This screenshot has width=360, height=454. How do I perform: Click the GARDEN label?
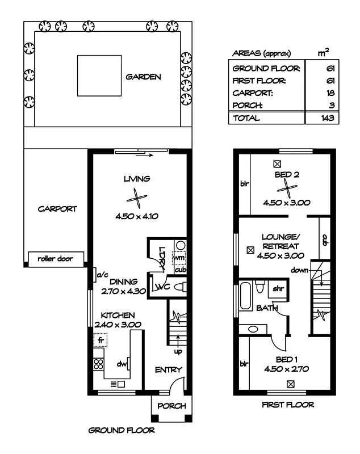(x=143, y=77)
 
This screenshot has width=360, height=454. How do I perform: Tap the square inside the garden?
(x=100, y=75)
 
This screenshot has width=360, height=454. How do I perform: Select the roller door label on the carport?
(x=55, y=258)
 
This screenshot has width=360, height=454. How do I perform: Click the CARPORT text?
(x=57, y=209)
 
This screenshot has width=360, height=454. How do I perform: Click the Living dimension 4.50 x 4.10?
(x=136, y=216)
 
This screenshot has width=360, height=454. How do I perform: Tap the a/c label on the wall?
(x=103, y=275)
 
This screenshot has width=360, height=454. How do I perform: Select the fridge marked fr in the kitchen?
(x=101, y=340)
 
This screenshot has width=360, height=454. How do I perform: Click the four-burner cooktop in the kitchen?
(x=98, y=364)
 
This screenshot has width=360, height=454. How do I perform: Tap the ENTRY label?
(x=169, y=370)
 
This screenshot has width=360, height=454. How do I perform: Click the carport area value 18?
(x=329, y=93)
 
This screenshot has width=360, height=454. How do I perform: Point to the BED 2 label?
(x=286, y=175)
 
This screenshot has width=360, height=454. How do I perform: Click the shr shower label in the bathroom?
(x=278, y=288)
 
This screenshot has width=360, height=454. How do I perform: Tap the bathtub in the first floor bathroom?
(x=247, y=294)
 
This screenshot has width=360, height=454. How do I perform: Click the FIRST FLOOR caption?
(x=287, y=405)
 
